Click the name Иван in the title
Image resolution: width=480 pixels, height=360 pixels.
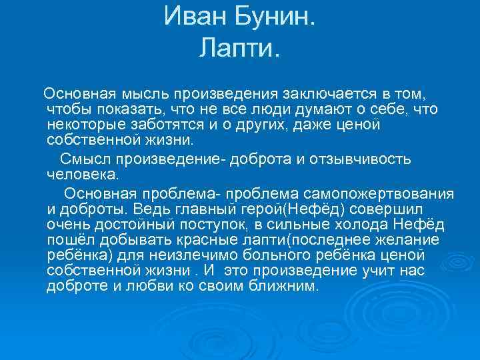(x=195, y=17)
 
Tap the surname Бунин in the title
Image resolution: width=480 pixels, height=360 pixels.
(x=274, y=17)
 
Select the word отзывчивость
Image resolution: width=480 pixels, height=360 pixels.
(x=360, y=159)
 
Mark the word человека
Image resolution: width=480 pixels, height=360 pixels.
(x=83, y=175)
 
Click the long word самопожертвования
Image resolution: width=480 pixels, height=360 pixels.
(x=379, y=194)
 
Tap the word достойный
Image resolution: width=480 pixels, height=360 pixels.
(x=135, y=225)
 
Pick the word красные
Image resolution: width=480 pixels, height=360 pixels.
(x=207, y=240)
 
